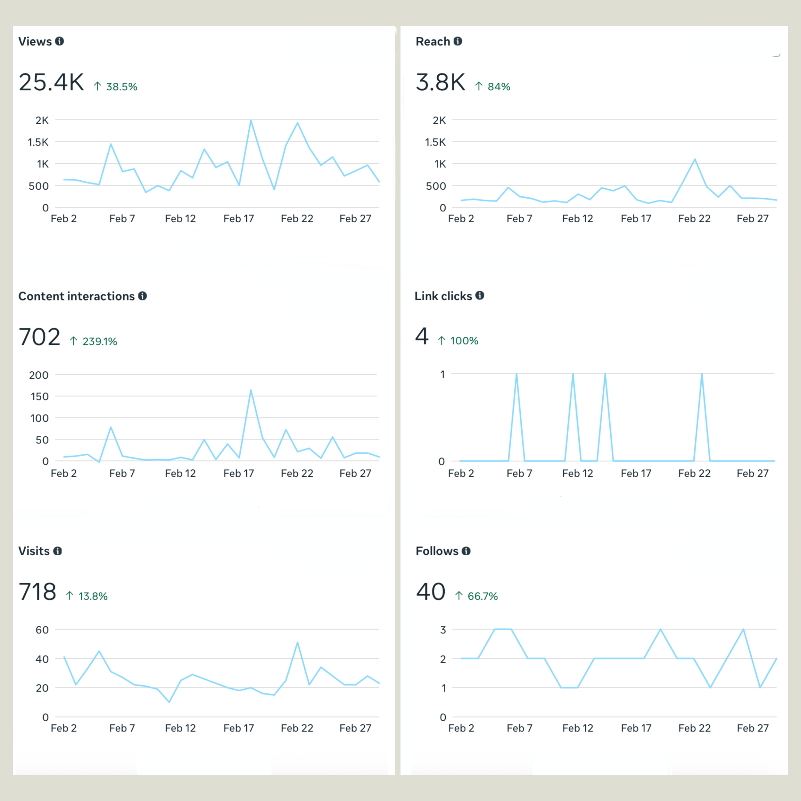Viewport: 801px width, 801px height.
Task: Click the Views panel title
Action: coord(35,41)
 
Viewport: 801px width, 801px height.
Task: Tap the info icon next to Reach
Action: coord(458,41)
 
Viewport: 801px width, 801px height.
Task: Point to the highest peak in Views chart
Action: coord(251,121)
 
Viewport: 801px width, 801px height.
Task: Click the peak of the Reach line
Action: coord(695,159)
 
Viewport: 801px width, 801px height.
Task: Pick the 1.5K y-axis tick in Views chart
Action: coord(38,142)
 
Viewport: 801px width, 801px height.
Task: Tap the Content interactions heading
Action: coord(76,296)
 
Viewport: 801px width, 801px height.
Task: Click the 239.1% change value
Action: coord(100,341)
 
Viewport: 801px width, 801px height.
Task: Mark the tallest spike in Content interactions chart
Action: coord(251,390)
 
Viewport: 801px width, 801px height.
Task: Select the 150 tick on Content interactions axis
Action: coord(39,396)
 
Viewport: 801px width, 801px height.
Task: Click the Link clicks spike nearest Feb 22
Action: coord(702,374)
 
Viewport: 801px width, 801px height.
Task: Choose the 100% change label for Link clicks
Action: coord(464,341)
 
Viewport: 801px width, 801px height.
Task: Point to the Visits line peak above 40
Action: coord(298,643)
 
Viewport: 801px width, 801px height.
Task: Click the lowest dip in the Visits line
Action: coord(169,702)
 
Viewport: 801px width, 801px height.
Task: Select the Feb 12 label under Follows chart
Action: coord(578,728)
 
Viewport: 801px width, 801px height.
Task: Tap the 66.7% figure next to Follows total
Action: coord(482,596)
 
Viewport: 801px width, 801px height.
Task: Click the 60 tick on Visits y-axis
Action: coord(42,630)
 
